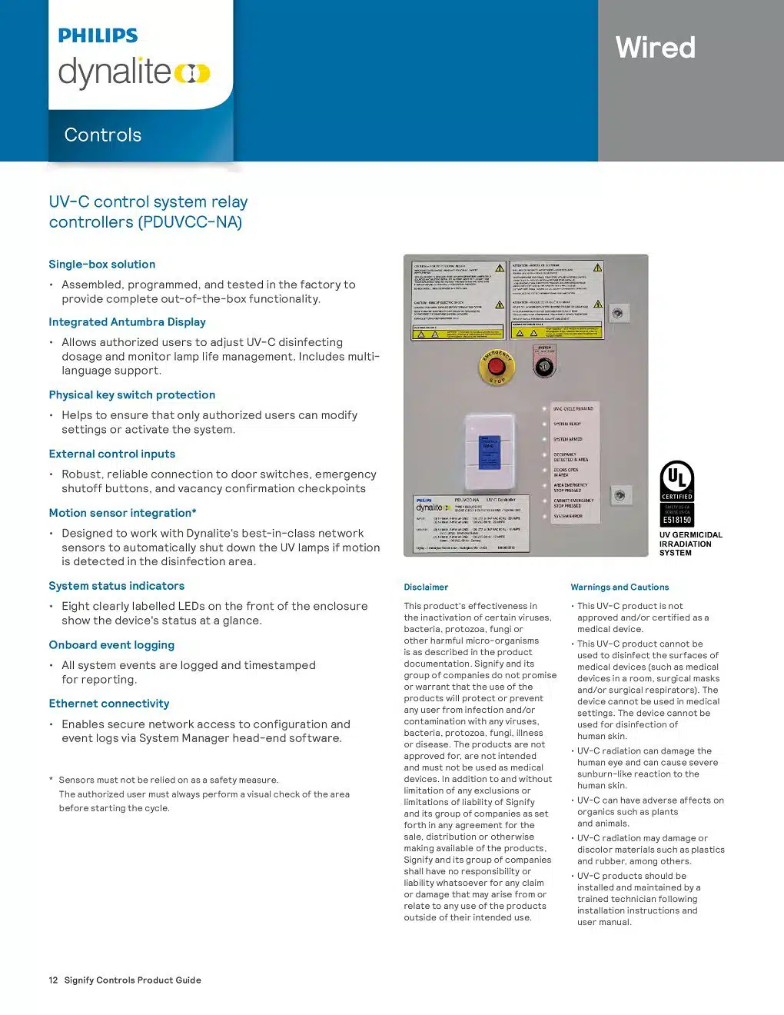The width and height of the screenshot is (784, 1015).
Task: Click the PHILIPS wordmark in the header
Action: [98, 35]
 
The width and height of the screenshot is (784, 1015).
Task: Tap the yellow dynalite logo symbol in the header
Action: [192, 73]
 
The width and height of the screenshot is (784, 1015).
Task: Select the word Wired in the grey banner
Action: [655, 48]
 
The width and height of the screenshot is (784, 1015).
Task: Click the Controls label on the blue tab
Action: [103, 135]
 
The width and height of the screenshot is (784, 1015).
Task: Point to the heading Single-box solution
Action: [101, 265]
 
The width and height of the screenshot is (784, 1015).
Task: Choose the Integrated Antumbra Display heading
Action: [127, 322]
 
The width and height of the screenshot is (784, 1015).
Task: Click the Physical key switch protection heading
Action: [131, 395]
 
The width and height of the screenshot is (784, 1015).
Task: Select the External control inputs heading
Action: [111, 454]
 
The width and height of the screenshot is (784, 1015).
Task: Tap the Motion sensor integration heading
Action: [122, 513]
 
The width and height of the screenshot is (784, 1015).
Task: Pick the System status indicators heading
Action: [116, 586]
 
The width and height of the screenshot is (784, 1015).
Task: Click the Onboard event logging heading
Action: [111, 645]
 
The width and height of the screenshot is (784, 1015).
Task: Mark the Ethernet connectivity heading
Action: [108, 704]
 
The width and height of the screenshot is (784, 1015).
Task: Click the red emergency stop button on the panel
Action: [497, 368]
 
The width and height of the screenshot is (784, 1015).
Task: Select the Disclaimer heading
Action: [426, 587]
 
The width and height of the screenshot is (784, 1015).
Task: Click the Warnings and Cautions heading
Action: [620, 587]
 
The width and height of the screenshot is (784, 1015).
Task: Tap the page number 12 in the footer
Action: [53, 980]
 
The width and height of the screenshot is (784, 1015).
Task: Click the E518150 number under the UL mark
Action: [677, 520]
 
